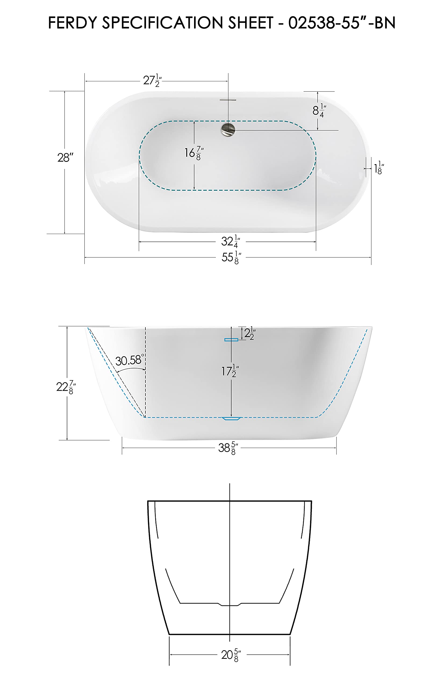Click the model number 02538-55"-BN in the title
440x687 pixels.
(341, 23)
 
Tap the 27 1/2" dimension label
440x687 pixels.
(152, 81)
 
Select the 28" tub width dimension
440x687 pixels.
(65, 158)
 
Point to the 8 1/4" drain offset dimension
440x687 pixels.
(319, 111)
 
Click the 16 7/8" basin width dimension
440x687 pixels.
(194, 153)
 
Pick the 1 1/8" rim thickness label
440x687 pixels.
(379, 168)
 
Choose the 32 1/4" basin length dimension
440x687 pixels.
(230, 242)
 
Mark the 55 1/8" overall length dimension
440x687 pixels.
(231, 257)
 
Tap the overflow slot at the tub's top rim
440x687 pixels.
(228, 100)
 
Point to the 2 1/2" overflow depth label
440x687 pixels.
(249, 333)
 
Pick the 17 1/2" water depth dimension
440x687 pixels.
(230, 371)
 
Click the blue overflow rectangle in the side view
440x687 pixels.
(231, 339)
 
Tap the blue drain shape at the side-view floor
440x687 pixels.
(232, 419)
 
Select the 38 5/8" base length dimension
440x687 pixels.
(228, 448)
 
